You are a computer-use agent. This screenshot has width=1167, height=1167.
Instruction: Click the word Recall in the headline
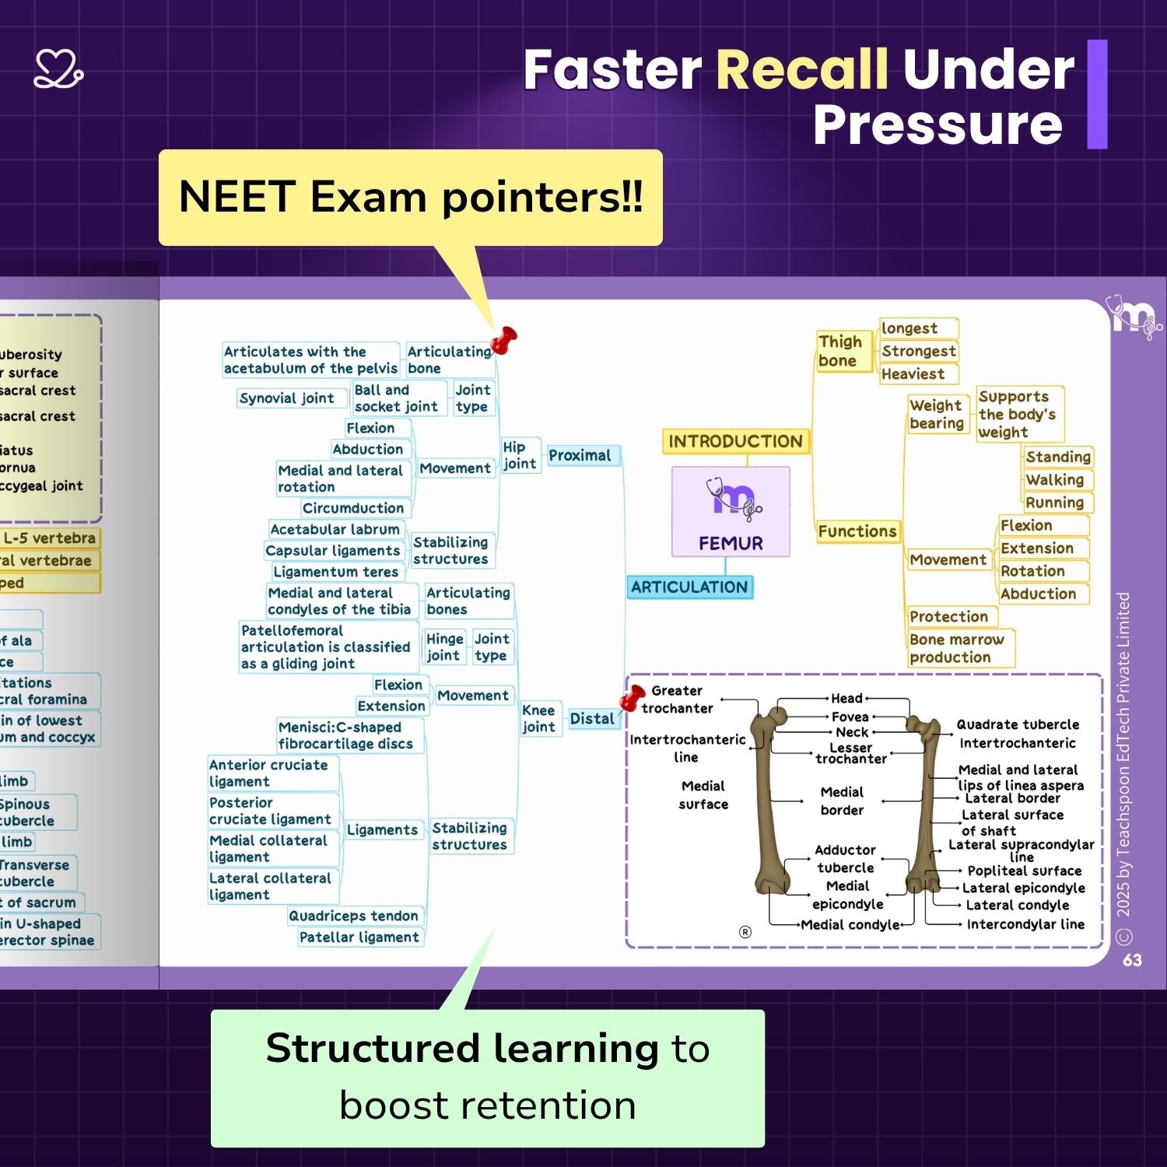click(x=801, y=70)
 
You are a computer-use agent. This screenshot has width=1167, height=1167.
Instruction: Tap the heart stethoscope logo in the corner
click(x=58, y=69)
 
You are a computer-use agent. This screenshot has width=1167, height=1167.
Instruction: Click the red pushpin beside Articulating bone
click(x=504, y=340)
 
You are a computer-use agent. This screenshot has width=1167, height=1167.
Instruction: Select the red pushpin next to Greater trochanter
click(x=632, y=698)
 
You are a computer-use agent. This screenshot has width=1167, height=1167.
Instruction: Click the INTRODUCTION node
click(x=735, y=441)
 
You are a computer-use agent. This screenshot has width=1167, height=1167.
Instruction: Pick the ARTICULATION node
click(x=689, y=587)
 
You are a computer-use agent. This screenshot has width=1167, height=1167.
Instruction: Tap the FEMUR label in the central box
click(x=731, y=543)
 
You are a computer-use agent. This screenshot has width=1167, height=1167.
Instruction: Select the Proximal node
click(x=580, y=455)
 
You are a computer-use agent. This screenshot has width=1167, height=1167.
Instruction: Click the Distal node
click(x=591, y=718)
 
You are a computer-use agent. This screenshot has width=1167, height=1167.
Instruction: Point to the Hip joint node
click(x=519, y=455)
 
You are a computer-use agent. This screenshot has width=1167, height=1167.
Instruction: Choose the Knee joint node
click(x=538, y=718)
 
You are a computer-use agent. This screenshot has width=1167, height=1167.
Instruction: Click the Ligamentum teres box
click(x=335, y=572)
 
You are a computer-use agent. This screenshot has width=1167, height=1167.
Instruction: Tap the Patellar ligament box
click(x=359, y=937)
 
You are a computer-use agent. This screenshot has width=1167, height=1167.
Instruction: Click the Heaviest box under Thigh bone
click(x=913, y=374)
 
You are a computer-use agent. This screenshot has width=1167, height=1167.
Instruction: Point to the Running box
click(x=1054, y=503)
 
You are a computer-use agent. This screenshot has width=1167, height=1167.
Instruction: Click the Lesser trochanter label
click(x=851, y=753)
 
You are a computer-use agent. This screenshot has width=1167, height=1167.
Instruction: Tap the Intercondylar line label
click(x=1025, y=924)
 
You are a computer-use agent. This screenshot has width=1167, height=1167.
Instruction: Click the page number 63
click(x=1132, y=960)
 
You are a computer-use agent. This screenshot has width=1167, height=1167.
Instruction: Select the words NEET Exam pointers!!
click(x=411, y=197)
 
